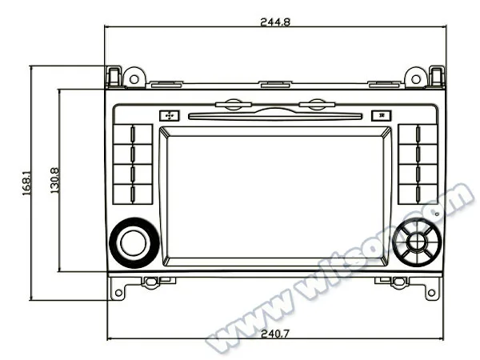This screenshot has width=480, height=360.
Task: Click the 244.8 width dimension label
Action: tap(274, 22)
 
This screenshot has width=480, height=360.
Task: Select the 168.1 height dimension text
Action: tap(26, 182)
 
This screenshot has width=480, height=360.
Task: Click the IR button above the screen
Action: tap(382, 115)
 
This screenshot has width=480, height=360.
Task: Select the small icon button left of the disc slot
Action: tap(169, 115)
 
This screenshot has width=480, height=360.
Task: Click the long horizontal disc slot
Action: tap(275, 116)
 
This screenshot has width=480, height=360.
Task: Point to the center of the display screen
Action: tap(275, 196)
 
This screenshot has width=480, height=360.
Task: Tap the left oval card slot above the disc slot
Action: tap(234, 103)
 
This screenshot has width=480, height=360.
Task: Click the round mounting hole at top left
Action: tap(134, 78)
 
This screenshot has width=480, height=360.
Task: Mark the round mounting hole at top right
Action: tap(414, 78)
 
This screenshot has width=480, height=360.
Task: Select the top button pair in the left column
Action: tap(133, 134)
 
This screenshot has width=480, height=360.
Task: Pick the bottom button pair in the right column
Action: tap(417, 193)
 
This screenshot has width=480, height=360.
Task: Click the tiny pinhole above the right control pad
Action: tap(436, 214)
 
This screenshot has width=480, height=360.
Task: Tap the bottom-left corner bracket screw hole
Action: tap(118, 293)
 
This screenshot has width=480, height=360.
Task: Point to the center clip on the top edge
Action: tap(275, 83)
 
